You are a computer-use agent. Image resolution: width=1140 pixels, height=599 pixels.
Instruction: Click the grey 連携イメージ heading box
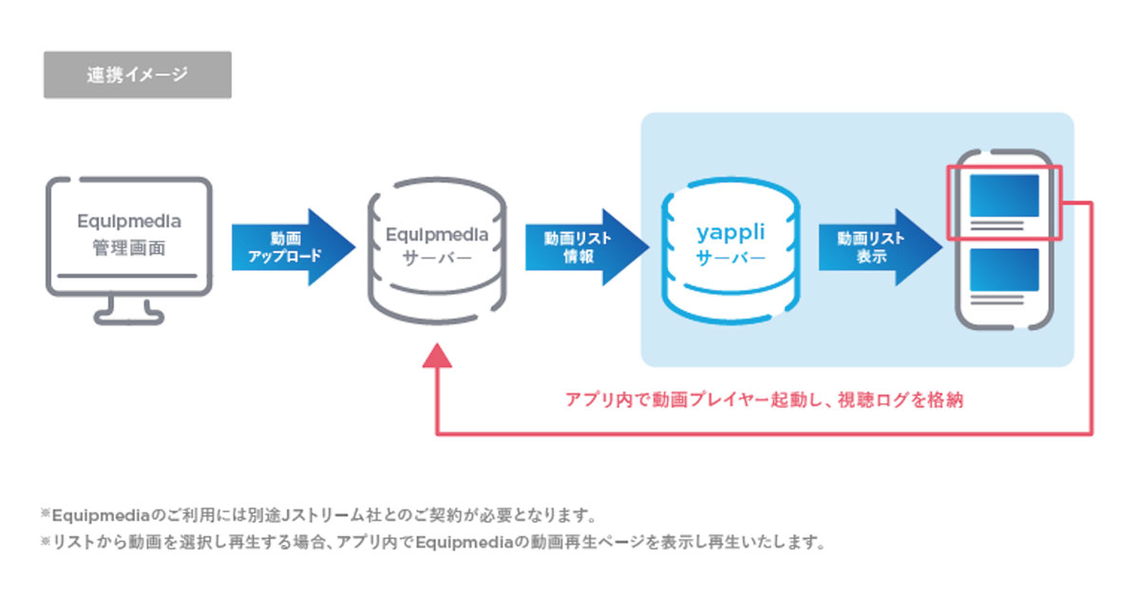[138, 74]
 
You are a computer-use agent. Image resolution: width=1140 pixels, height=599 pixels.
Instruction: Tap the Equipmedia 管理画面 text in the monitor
[129, 234]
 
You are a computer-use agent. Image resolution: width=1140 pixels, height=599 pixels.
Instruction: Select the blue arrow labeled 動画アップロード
[294, 247]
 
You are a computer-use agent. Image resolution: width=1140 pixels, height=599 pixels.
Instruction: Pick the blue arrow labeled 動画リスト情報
[587, 247]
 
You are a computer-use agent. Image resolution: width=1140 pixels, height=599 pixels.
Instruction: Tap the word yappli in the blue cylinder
[731, 233]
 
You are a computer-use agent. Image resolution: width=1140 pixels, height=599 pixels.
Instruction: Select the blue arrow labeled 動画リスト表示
[881, 247]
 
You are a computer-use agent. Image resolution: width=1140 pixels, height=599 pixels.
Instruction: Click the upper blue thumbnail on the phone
[1004, 196]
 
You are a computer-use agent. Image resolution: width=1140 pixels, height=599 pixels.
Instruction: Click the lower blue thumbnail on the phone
[1004, 269]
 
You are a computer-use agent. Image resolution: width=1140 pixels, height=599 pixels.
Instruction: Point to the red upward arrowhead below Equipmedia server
[437, 356]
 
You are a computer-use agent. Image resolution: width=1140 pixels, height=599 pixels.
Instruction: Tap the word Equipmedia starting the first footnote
[101, 516]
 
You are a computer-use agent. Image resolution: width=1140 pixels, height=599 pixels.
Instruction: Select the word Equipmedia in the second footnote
[465, 542]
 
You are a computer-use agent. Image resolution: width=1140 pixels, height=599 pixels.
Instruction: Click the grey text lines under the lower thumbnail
[997, 299]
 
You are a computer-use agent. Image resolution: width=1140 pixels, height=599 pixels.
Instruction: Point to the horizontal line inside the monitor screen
[127, 276]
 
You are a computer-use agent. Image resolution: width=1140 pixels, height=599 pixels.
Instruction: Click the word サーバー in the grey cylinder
[437, 259]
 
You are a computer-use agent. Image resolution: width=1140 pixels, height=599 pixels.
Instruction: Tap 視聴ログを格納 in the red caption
[901, 400]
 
